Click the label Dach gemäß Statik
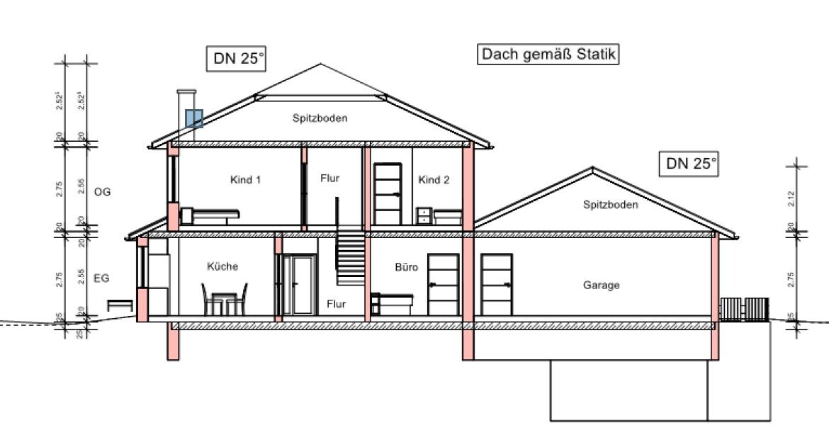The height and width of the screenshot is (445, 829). click(x=549, y=55)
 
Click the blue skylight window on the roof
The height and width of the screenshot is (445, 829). click(x=194, y=118)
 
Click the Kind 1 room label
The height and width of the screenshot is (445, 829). click(x=246, y=180)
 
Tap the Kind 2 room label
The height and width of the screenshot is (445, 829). click(x=434, y=180)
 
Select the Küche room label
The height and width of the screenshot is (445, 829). click(x=222, y=267)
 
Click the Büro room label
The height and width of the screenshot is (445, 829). click(x=407, y=268)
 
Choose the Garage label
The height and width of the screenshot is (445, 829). click(x=601, y=286)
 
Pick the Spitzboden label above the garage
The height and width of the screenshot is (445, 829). click(x=610, y=205)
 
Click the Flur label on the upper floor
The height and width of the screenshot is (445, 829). click(x=329, y=178)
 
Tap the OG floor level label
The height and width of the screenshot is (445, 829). click(x=102, y=191)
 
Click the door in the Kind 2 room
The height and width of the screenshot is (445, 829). click(x=388, y=193)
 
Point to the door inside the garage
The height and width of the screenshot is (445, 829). click(x=496, y=283)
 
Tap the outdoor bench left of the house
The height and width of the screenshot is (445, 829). click(x=120, y=305)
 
